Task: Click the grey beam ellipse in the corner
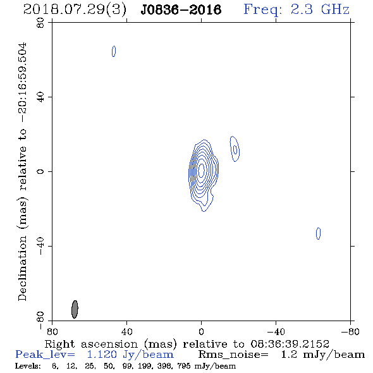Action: tap(75, 309)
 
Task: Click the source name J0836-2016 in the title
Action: tap(181, 9)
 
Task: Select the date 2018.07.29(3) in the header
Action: tap(75, 9)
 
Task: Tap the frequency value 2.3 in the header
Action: tap(302, 9)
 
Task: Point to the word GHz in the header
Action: tap(335, 9)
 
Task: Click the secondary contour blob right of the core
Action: tap(235, 149)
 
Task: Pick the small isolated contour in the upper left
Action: tap(114, 51)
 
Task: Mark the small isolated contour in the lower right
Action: tap(318, 233)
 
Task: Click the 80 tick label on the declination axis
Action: tap(40, 23)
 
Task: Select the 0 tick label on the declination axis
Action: tap(40, 171)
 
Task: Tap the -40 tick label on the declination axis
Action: tap(40, 246)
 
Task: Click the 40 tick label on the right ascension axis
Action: tap(126, 332)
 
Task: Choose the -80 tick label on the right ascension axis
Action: tap(350, 332)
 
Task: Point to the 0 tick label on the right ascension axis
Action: tap(201, 332)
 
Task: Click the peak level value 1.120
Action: tap(102, 355)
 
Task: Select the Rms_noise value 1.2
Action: tap(290, 355)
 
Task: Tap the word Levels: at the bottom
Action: tap(28, 366)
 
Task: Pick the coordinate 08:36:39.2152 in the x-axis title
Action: tap(290, 344)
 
